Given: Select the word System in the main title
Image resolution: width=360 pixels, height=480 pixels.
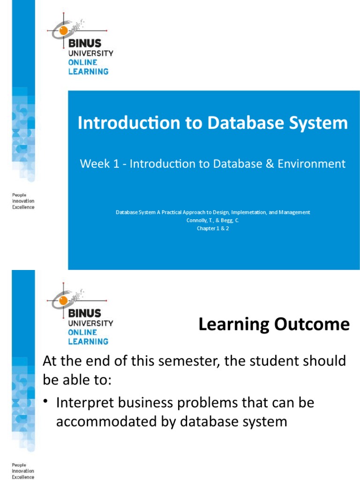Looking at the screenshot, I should pyautogui.click(x=320, y=123).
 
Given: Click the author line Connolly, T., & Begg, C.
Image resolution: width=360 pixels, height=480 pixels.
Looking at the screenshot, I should pyautogui.click(x=213, y=220).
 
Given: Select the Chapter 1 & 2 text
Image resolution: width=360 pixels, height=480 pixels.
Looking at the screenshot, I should pyautogui.click(x=213, y=228).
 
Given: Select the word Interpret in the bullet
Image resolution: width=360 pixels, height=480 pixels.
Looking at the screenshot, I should pyautogui.click(x=82, y=403).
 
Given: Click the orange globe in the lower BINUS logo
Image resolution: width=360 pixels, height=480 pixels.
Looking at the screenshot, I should pyautogui.click(x=62, y=300).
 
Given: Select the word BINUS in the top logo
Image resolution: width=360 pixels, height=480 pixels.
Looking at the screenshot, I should pyautogui.click(x=84, y=44).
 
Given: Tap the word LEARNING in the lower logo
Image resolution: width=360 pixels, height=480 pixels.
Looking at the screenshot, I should pyautogui.click(x=88, y=341).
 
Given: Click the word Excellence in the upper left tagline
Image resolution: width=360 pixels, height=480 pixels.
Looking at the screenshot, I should pyautogui.click(x=23, y=207).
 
